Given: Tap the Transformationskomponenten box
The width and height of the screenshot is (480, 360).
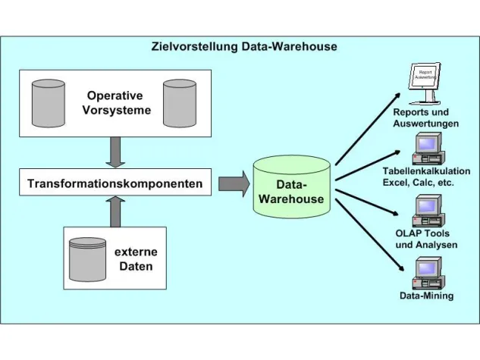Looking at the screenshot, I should click(x=115, y=183).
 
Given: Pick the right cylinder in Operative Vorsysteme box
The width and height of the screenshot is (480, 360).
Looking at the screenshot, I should click(x=180, y=103).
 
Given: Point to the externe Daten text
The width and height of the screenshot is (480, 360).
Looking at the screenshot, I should click(x=136, y=258).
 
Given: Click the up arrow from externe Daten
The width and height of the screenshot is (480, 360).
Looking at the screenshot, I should click(x=115, y=211).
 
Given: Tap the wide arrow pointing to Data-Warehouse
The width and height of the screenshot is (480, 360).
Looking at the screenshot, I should click(x=234, y=183).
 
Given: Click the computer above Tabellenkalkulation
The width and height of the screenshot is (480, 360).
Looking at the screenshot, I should click(x=427, y=149).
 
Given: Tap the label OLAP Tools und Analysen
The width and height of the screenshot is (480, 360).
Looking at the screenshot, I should click(x=426, y=239).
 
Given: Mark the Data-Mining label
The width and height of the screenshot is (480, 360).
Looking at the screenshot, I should click(x=426, y=296).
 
